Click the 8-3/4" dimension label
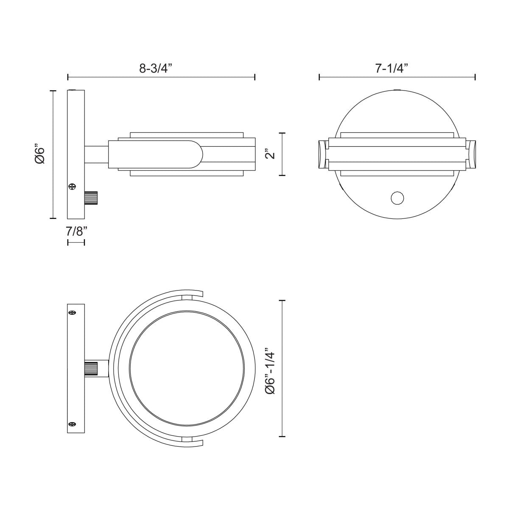(x=154, y=68)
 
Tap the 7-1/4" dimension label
(x=392, y=68)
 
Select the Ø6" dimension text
(x=39, y=155)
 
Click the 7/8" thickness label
(x=77, y=231)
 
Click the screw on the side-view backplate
(x=72, y=186)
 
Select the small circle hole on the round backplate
(x=397, y=198)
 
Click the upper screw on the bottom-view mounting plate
(x=72, y=313)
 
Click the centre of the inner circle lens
(x=186, y=368)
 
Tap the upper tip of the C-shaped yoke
(x=202, y=294)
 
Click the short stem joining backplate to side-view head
(x=97, y=155)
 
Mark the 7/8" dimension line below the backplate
(x=76, y=242)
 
